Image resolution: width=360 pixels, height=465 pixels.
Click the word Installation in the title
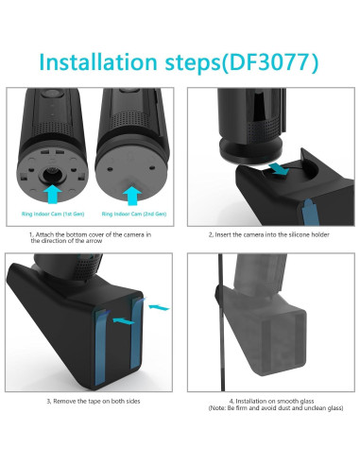click(98, 61)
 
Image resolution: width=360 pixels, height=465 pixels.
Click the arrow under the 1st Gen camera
click(52, 194)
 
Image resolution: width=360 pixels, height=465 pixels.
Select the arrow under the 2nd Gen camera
click(132, 196)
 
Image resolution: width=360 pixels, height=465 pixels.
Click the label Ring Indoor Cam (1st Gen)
click(53, 214)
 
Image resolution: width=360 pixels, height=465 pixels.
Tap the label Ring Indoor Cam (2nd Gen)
click(134, 214)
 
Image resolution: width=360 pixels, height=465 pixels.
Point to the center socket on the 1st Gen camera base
click(51, 173)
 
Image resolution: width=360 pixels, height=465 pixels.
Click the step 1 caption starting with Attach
click(90, 237)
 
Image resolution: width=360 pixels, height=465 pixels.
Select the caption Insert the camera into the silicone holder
click(268, 234)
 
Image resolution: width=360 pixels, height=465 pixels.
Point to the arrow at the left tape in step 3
click(123, 321)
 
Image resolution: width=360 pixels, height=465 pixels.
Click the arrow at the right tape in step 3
click(159, 307)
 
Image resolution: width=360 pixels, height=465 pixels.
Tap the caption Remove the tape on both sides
click(94, 401)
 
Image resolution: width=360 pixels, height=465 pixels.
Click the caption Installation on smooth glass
click(271, 401)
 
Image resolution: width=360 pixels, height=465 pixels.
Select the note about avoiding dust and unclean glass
click(276, 408)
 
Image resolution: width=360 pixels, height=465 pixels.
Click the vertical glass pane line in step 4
click(221, 322)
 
